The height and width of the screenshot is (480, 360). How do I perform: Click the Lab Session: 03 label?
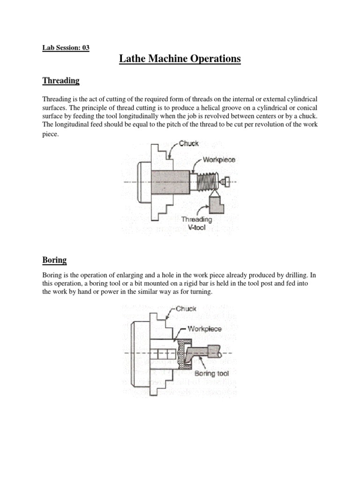[66, 47]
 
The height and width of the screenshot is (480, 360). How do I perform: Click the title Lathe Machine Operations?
[180, 59]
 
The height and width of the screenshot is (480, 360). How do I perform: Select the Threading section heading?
[61, 81]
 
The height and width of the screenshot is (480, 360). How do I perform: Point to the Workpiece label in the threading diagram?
[219, 160]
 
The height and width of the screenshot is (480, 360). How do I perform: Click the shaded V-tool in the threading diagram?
[216, 204]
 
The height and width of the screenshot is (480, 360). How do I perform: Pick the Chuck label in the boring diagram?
[186, 309]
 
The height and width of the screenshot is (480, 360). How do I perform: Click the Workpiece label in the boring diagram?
[205, 329]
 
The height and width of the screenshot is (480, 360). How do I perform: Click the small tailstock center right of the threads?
[226, 181]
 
